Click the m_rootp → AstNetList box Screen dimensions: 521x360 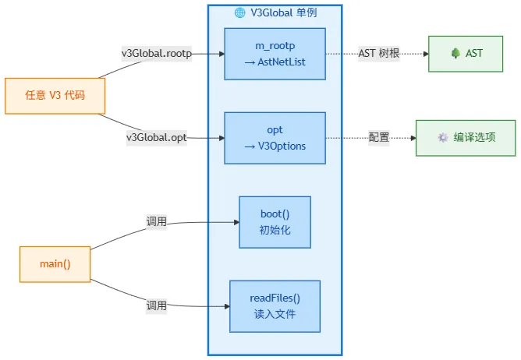(275, 54)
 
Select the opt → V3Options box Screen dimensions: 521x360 (275, 138)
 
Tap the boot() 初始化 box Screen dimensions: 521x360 (275, 222)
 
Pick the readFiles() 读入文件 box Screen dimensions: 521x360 (275, 306)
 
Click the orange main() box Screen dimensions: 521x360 (55, 264)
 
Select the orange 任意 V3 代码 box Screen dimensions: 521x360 (55, 96)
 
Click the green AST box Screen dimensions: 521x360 (466, 54)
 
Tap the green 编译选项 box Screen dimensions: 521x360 (466, 138)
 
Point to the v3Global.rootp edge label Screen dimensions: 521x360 (157, 54)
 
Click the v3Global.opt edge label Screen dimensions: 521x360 (157, 137)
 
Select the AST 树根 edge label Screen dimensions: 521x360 (379, 53)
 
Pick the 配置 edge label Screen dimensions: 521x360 (379, 137)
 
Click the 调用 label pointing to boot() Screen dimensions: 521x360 (157, 221)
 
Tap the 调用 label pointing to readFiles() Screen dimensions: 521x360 (157, 305)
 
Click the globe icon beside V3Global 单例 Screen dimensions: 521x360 (240, 12)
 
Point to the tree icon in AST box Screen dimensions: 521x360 (455, 53)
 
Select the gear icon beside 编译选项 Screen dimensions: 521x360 (443, 137)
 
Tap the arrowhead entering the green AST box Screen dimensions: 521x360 (426, 54)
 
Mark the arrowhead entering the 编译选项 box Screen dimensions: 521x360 (413, 138)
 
